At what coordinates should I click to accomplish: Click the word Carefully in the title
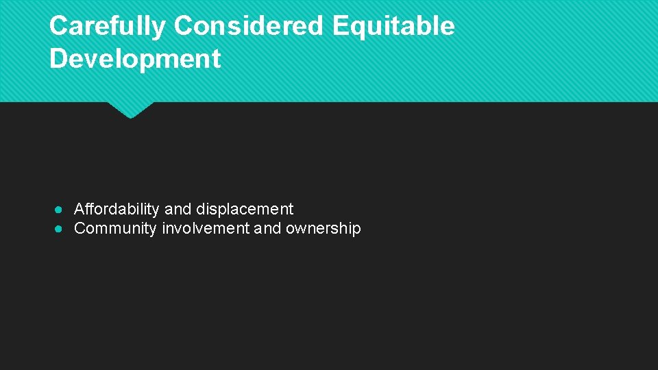click(107, 26)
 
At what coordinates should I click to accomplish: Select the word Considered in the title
click(249, 26)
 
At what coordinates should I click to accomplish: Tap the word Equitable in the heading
click(393, 26)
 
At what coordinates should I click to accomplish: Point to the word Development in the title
click(135, 59)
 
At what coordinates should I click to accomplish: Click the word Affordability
click(117, 209)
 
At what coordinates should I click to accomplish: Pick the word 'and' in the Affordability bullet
click(178, 209)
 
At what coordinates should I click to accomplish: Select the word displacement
click(245, 209)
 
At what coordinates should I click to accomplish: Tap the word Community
click(115, 228)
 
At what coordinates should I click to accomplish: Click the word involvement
click(206, 228)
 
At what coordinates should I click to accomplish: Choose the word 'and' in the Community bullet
click(267, 228)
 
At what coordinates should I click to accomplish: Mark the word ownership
click(323, 228)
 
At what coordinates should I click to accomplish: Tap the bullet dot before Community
click(60, 229)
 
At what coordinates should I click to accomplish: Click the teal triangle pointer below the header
click(130, 110)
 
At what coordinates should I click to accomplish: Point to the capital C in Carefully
click(58, 26)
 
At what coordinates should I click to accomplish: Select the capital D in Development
click(59, 59)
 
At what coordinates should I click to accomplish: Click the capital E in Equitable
click(341, 26)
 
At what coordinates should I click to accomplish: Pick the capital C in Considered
click(183, 26)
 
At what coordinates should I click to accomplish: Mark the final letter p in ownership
click(356, 230)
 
